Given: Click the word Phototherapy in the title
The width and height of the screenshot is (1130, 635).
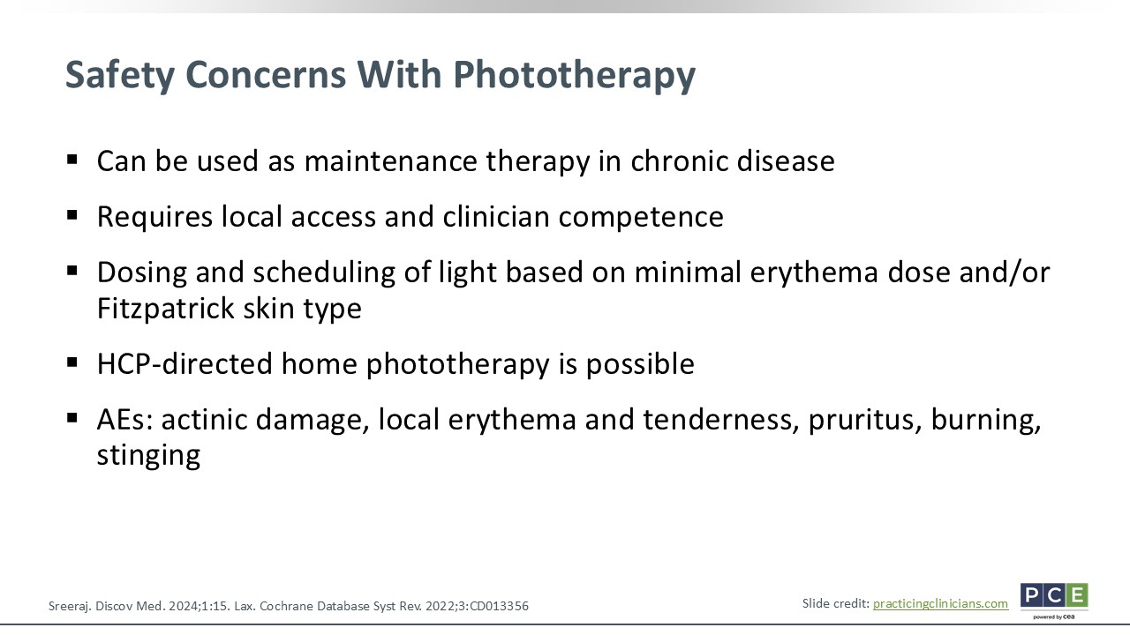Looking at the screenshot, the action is tap(574, 75).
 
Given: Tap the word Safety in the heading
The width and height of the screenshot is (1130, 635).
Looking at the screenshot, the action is tap(120, 75).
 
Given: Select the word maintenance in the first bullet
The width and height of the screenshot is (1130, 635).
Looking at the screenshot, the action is tap(391, 161).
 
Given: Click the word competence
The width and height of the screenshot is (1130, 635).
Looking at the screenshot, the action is tap(641, 217).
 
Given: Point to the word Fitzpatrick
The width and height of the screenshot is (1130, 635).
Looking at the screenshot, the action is tap(166, 308).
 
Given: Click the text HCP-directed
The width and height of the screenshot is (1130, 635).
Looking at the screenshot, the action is tap(185, 363).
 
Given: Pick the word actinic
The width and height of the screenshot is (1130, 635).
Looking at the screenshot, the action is tap(204, 419).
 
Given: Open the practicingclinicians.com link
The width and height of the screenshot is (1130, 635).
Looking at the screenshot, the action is tap(940, 604).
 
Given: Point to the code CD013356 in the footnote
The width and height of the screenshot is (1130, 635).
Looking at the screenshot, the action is tap(499, 606).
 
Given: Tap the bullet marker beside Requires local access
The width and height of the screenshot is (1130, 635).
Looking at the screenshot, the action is tap(72, 215).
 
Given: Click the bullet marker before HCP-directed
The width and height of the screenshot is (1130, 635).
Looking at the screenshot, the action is tap(72, 362).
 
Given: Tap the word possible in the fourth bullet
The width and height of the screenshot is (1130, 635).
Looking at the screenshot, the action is tap(640, 364).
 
